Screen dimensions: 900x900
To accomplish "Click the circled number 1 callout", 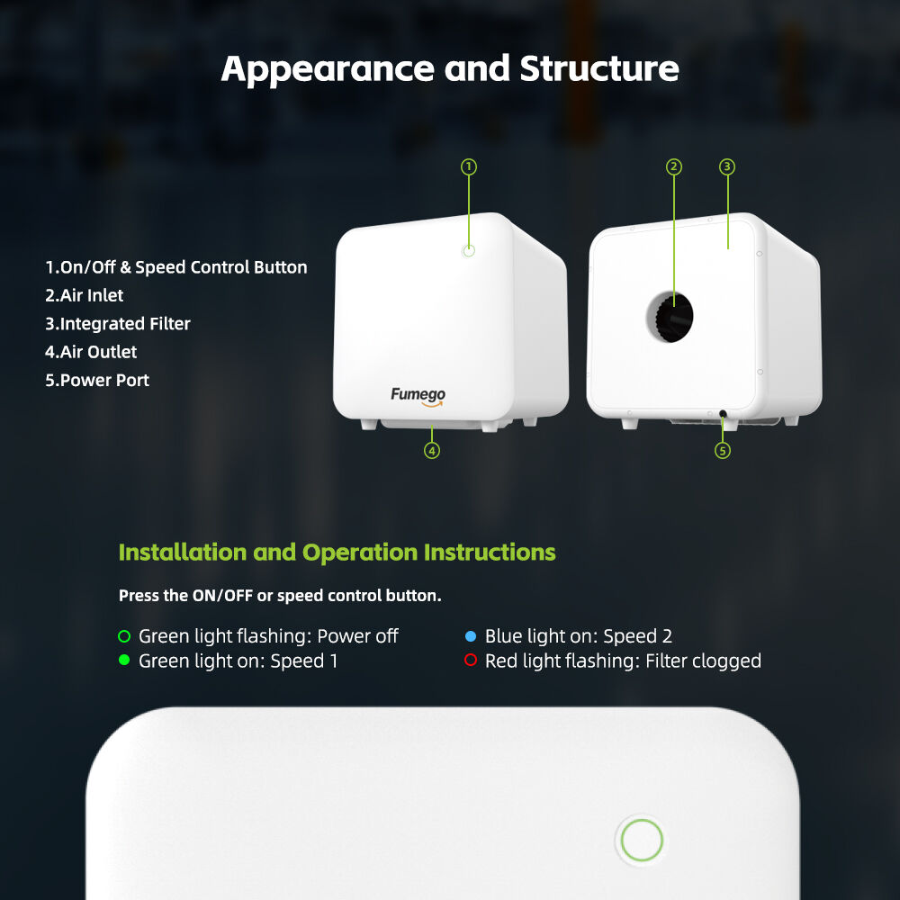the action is [x=469, y=167].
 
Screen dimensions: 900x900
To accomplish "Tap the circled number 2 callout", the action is [x=674, y=167].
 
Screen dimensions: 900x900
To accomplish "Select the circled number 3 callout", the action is [x=727, y=167].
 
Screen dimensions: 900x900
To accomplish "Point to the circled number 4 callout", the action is [x=432, y=451].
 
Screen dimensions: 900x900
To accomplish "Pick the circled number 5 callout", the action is [x=723, y=451].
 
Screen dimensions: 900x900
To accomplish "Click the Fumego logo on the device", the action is [x=418, y=396].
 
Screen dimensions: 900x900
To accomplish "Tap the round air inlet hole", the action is [x=670, y=317].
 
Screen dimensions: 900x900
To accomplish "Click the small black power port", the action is [x=723, y=413].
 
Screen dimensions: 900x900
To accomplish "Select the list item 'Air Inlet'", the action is [x=85, y=295].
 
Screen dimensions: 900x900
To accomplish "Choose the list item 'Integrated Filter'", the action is [x=118, y=324].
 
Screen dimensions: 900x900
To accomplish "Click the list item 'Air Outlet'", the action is [x=91, y=352].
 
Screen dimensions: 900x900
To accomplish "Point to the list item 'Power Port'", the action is [x=97, y=380].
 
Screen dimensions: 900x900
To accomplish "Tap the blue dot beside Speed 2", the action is [x=471, y=636].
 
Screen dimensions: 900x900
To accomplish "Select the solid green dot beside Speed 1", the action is [x=124, y=660].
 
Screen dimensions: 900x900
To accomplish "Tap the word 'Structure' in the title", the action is [x=599, y=69].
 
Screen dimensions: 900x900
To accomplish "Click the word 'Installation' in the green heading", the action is [x=183, y=553].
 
